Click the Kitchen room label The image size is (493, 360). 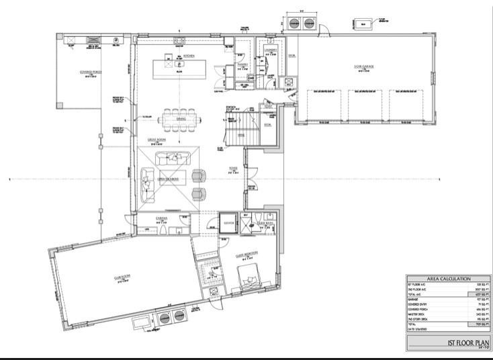pyautogui.click(x=179, y=56)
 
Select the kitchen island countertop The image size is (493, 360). pyautogui.click(x=179, y=69)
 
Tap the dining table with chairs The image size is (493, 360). pyautogui.click(x=180, y=120)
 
